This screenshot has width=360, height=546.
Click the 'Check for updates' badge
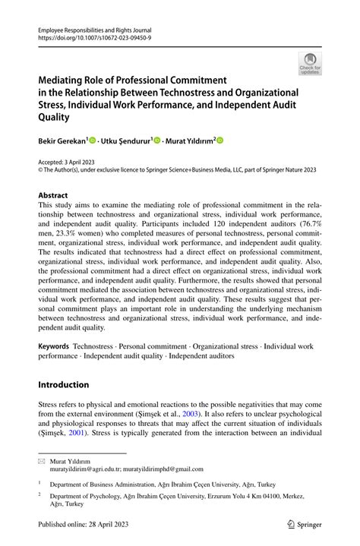tap(310, 65)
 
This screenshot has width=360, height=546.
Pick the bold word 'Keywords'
tap(55, 345)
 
